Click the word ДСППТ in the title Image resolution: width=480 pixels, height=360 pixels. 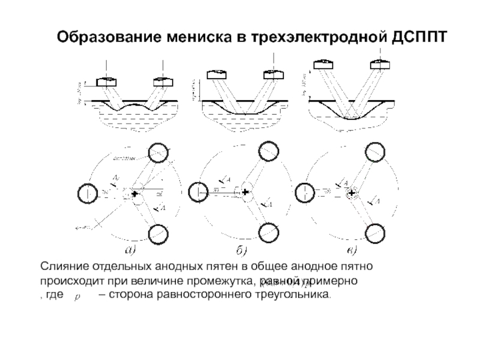pos(420,37)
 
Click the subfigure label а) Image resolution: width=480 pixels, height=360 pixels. pos(130,250)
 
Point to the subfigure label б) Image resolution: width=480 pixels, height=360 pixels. pos(242,250)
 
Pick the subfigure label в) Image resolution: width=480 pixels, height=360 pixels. pos(348,250)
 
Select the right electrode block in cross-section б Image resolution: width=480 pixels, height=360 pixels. pos(274,74)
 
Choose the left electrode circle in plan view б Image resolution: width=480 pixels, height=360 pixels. pos(197,193)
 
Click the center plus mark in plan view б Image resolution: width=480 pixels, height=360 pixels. pos(245,193)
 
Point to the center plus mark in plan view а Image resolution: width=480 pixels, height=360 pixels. pos(134,194)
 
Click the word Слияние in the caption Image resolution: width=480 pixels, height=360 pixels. pos(61,265)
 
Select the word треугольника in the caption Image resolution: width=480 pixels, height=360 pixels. pos(292,296)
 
